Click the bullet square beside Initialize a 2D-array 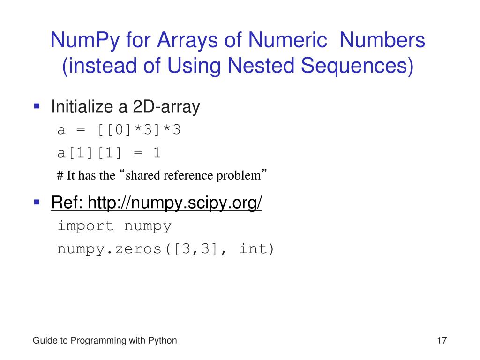point(37,106)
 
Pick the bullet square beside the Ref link point(37,202)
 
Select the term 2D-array point(166,107)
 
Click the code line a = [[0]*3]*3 point(119,130)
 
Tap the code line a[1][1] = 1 point(109,153)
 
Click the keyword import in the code point(85,226)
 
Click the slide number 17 point(442,341)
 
